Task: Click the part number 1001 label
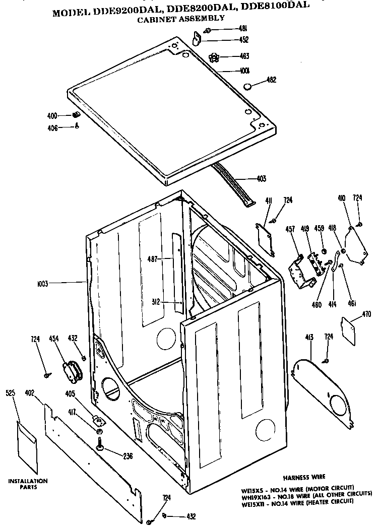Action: [x=244, y=71]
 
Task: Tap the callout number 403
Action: [x=261, y=178]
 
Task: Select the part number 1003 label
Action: [x=42, y=284]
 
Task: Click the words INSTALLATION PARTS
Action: [x=28, y=484]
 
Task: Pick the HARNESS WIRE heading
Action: [x=303, y=476]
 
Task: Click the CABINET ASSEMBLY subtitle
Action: [x=180, y=18]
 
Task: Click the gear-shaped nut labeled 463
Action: [x=214, y=56]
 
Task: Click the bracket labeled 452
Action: [x=197, y=38]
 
